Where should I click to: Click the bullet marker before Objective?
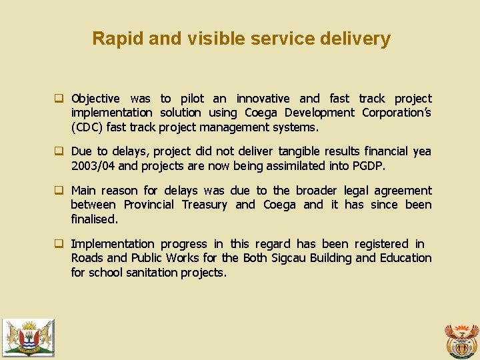coord(59,99)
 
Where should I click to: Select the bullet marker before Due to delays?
coord(59,152)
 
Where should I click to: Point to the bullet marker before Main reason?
coord(59,191)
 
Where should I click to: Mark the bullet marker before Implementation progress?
coord(59,245)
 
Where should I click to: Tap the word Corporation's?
coord(396,113)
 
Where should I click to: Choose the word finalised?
coord(94,219)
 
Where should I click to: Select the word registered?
coord(381,244)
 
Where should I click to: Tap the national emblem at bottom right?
coord(461,340)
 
